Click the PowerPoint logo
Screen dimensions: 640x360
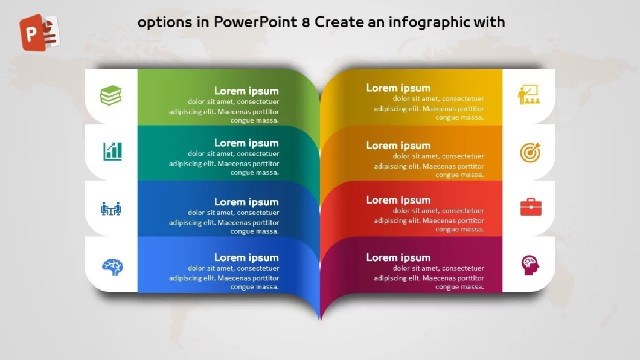click(x=40, y=32)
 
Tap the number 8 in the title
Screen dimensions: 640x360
click(x=306, y=22)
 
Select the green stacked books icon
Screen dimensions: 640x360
click(x=111, y=95)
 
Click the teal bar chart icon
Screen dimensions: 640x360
click(x=112, y=151)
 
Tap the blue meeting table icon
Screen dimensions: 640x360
click(x=111, y=208)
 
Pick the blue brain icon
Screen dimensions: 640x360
click(x=112, y=267)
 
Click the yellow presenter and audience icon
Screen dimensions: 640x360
click(x=529, y=95)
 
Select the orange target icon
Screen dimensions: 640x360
click(x=530, y=153)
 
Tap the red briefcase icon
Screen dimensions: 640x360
click(x=531, y=207)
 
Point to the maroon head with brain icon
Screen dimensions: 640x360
click(x=530, y=265)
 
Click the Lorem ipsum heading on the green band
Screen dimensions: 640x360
click(x=246, y=91)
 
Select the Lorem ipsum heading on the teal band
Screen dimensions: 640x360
click(x=246, y=143)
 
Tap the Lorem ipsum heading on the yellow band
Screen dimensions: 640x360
click(x=398, y=88)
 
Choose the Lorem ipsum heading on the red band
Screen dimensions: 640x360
click(x=398, y=200)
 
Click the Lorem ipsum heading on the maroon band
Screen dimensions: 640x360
click(x=398, y=257)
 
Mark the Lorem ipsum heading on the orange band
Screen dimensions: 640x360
click(x=398, y=146)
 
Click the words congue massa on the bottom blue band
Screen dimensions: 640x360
click(x=255, y=287)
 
